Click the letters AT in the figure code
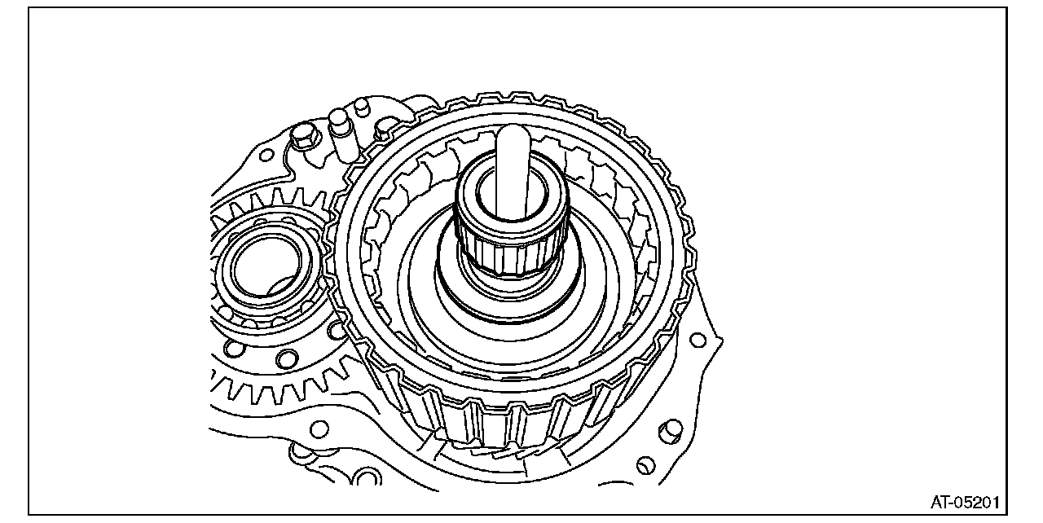pyautogui.click(x=940, y=503)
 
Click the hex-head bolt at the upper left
pyautogui.click(x=304, y=135)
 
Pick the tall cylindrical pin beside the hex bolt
pyautogui.click(x=341, y=135)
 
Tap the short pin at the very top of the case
pyautogui.click(x=361, y=108)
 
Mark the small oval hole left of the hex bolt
pyautogui.click(x=266, y=155)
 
